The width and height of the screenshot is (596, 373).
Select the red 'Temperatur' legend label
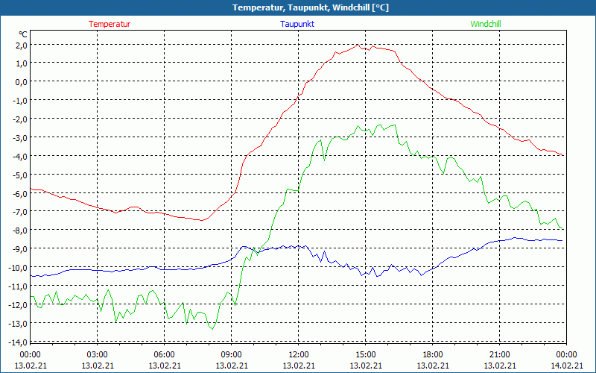tap(110, 24)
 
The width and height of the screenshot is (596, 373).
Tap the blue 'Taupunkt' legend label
tap(297, 24)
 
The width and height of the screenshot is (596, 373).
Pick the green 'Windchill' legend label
tap(486, 24)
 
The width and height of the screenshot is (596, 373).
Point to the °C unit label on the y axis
tap(23, 34)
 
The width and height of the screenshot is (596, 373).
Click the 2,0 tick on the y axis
tap(21, 45)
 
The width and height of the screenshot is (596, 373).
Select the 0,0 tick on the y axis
tap(21, 82)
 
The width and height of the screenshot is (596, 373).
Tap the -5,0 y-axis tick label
tap(19, 175)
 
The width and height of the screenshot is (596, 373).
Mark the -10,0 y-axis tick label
tap(17, 268)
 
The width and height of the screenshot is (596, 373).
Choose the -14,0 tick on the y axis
tap(17, 342)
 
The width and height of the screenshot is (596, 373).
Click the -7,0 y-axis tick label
tap(19, 212)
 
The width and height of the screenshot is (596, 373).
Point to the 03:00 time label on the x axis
tap(98, 354)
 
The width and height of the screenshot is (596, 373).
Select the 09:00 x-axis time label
tap(232, 354)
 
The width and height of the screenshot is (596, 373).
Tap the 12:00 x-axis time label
tap(299, 354)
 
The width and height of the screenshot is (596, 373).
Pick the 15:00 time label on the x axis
tap(366, 354)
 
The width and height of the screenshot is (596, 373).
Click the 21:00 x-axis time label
tap(500, 354)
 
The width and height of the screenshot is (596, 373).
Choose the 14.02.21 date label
tap(567, 366)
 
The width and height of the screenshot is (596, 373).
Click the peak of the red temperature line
tap(359, 45)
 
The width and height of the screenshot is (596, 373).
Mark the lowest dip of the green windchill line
tap(212, 329)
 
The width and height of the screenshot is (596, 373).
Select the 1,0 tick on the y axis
tap(21, 63)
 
